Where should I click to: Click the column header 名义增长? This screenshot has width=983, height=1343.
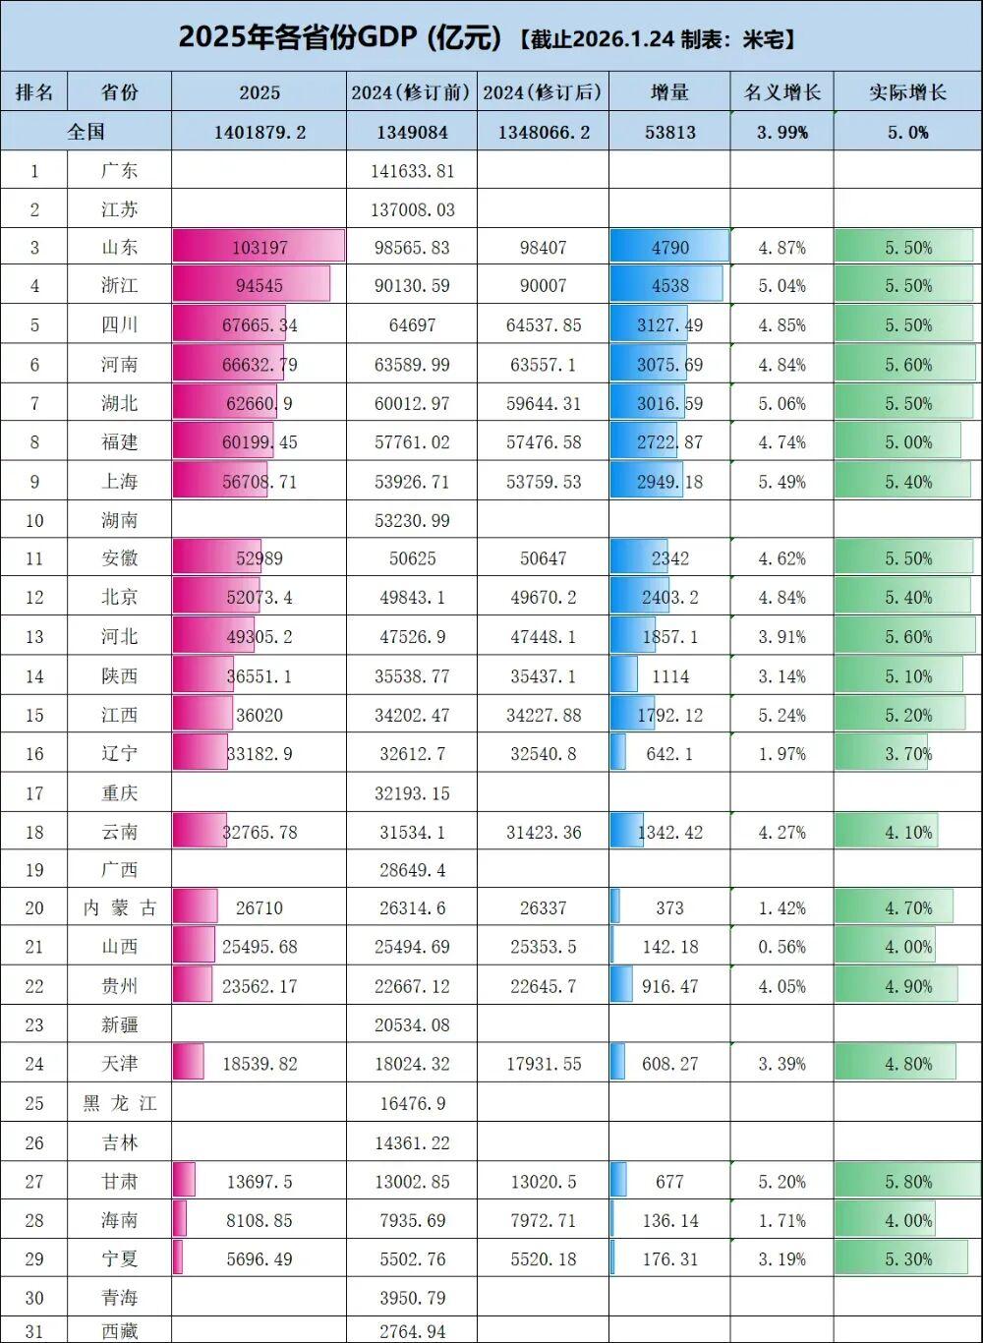781,92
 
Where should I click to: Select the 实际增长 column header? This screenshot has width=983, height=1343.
907,92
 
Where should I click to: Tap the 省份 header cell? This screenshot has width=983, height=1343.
119,92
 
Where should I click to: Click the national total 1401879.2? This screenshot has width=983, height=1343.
260,132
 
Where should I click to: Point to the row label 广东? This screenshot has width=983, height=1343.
119,170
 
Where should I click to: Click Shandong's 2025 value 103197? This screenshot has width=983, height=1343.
260,247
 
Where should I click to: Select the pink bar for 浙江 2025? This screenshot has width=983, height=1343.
251,286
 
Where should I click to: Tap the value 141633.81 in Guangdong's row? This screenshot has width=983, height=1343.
413,170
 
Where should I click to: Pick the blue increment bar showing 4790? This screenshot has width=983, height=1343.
669,247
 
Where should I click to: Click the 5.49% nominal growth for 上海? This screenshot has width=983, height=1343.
781,482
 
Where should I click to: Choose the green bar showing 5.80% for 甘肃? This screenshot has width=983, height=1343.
907,1181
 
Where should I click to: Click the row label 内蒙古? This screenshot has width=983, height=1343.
119,907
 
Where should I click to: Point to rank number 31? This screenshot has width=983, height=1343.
34,1331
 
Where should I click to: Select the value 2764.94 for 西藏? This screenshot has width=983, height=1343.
413,1331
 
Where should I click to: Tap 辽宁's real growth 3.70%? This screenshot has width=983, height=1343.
907,754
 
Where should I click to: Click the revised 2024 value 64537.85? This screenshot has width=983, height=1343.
544,325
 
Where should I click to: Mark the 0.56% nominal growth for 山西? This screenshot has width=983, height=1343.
781,947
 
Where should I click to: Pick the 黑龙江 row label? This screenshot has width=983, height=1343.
119,1103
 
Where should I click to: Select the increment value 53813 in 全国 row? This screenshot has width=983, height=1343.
669,132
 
